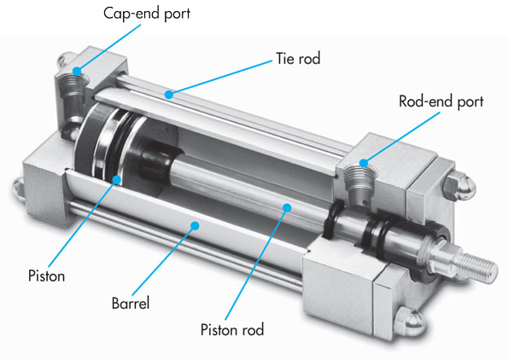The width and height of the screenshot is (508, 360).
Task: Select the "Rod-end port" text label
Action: click(441, 102)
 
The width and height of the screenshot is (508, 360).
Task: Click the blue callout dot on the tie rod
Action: click(170, 95)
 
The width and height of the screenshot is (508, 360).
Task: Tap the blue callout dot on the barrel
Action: click(196, 226)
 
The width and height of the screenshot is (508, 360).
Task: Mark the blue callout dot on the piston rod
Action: click(288, 206)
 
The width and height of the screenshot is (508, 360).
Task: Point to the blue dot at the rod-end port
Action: click(362, 162)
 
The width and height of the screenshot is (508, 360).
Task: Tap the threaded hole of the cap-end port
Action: click(71, 84)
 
